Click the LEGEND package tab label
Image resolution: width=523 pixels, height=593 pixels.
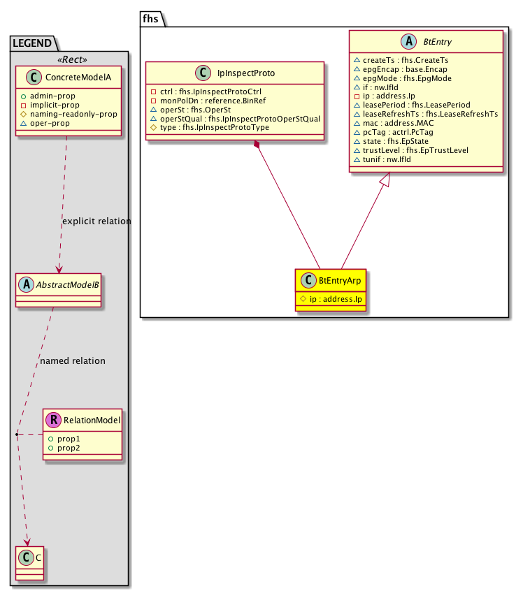pyautogui.click(x=33, y=43)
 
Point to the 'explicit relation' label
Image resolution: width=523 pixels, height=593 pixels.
pyautogui.click(x=96, y=221)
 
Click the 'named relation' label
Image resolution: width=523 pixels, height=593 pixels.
pyautogui.click(x=73, y=361)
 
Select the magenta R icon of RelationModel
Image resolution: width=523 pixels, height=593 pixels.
pyautogui.click(x=52, y=420)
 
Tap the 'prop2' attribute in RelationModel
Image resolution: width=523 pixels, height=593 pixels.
pyautogui.click(x=69, y=447)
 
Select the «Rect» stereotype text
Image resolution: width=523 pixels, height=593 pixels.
pyautogui.click(x=69, y=58)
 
